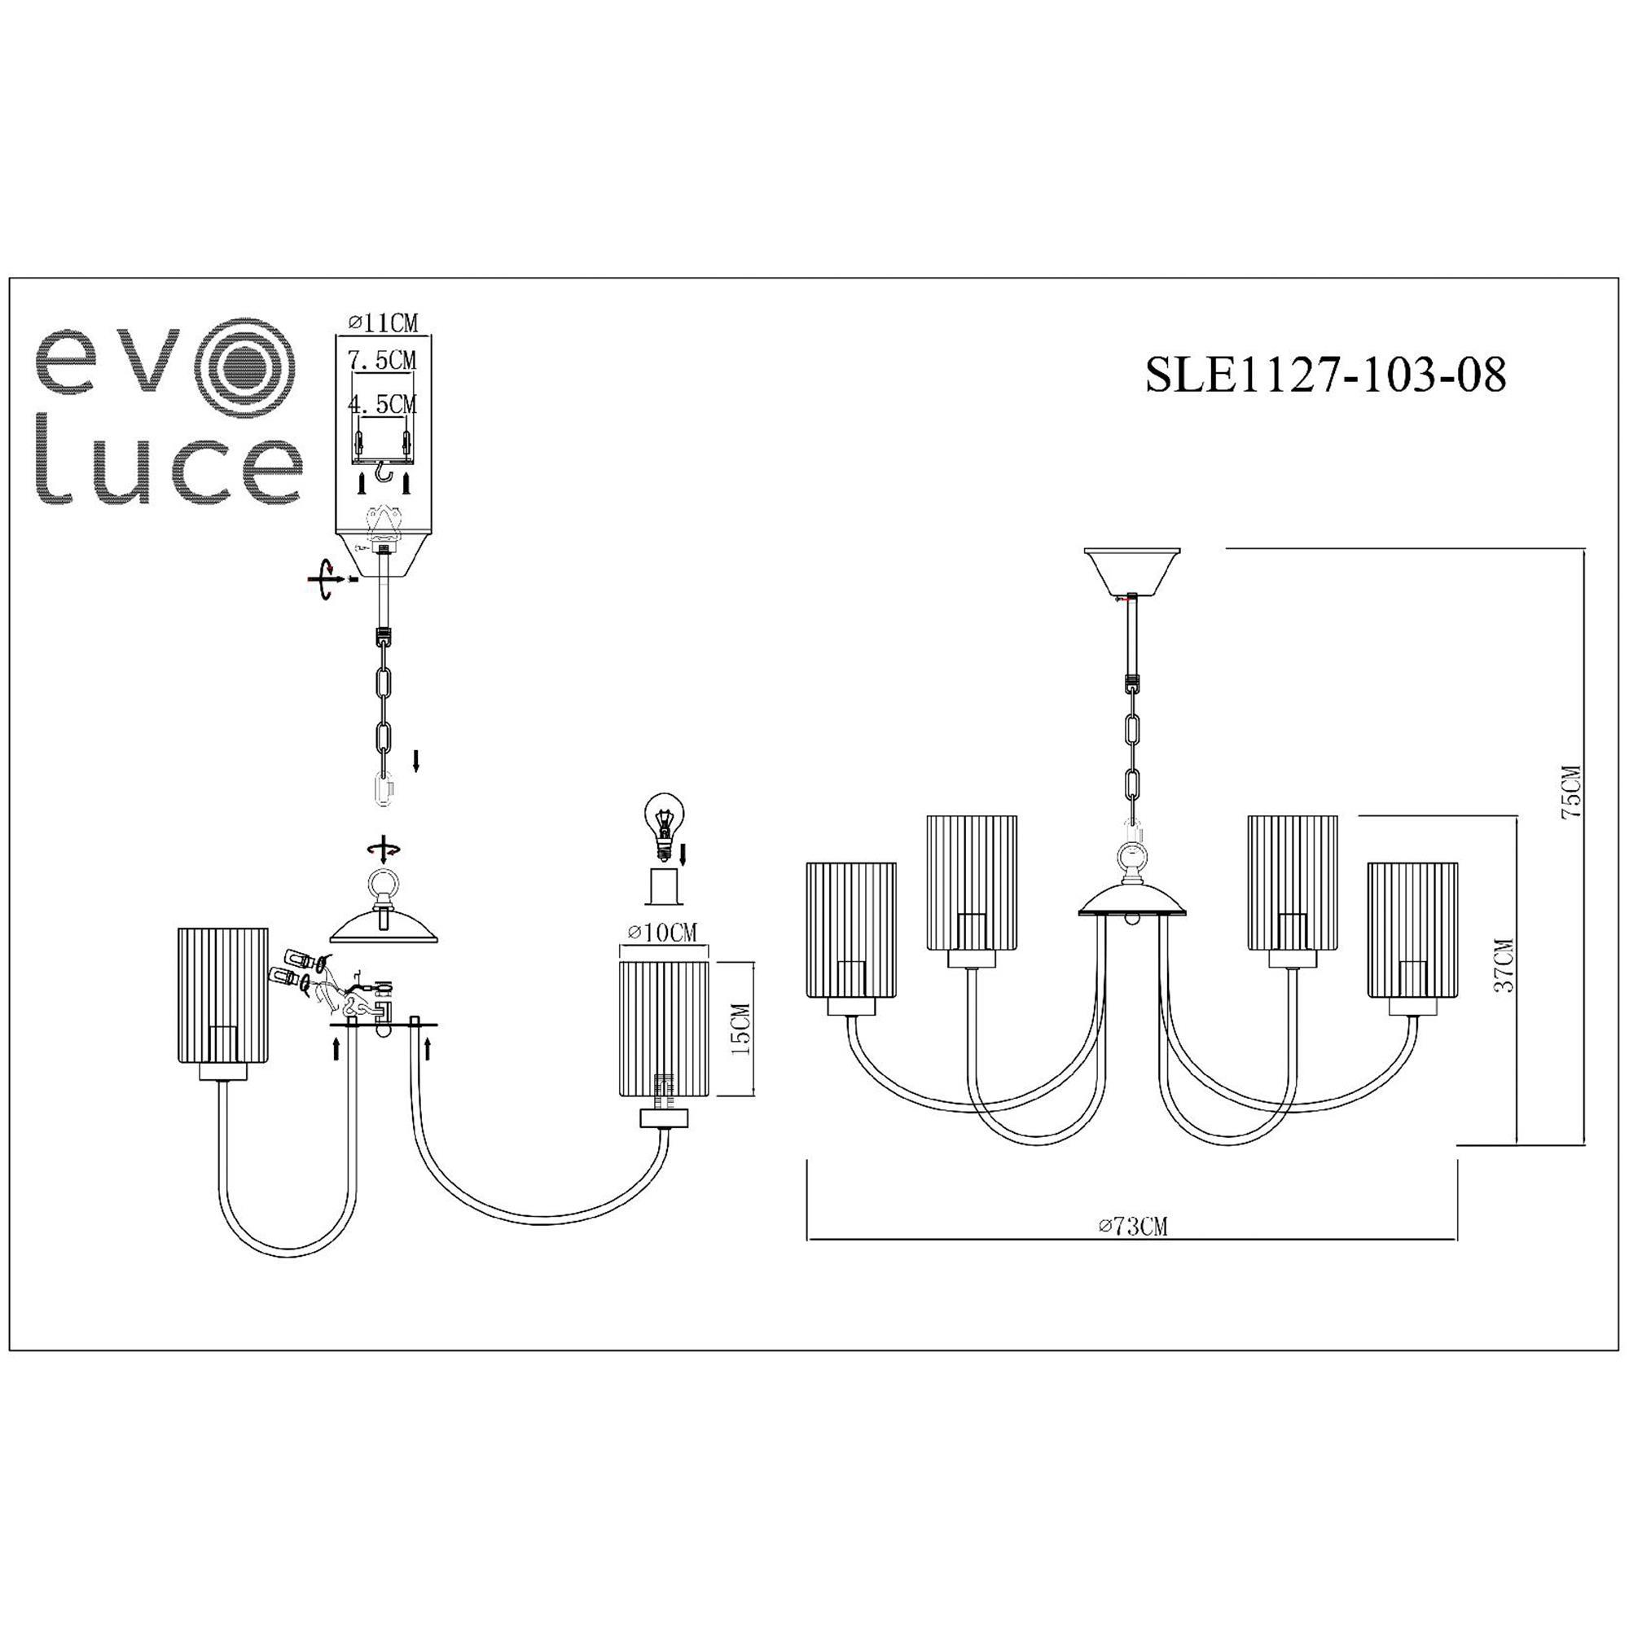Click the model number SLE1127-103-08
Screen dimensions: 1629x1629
pos(1324,374)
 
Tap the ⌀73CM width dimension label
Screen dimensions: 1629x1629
pos(1133,1227)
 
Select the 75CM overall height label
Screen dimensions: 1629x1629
pos(1571,793)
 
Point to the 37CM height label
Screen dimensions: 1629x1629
pos(1503,966)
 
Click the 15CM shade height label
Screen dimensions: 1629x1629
pos(741,1030)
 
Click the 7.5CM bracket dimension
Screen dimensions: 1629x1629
pos(383,360)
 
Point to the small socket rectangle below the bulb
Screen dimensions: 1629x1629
pos(665,887)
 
